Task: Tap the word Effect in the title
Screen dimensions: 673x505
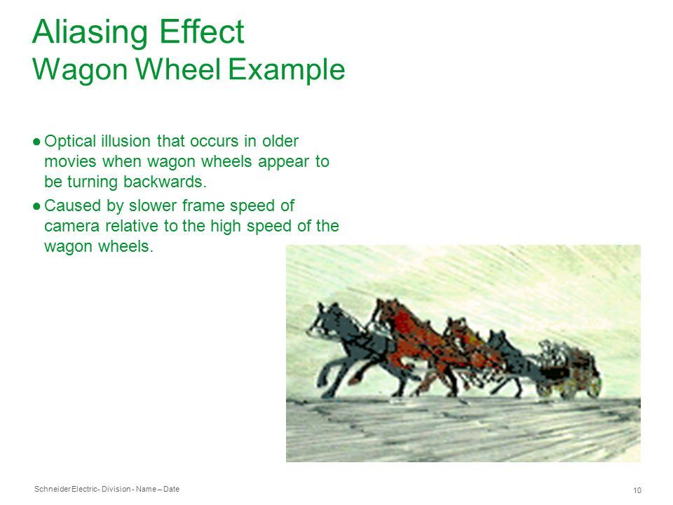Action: pyautogui.click(x=202, y=32)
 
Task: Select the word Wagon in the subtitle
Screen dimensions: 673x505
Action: pyautogui.click(x=80, y=70)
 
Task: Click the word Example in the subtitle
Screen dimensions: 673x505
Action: pyautogui.click(x=286, y=70)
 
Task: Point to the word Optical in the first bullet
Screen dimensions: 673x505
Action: pyautogui.click(x=70, y=142)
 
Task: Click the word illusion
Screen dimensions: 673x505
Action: pyautogui.click(x=125, y=141)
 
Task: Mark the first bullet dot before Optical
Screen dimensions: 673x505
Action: pyautogui.click(x=36, y=141)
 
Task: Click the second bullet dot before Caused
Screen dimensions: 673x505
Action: pyautogui.click(x=36, y=206)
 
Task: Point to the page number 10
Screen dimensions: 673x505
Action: pyautogui.click(x=637, y=490)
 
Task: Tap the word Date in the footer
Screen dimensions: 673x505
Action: pyautogui.click(x=171, y=489)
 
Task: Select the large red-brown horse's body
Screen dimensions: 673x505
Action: pyautogui.click(x=412, y=339)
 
